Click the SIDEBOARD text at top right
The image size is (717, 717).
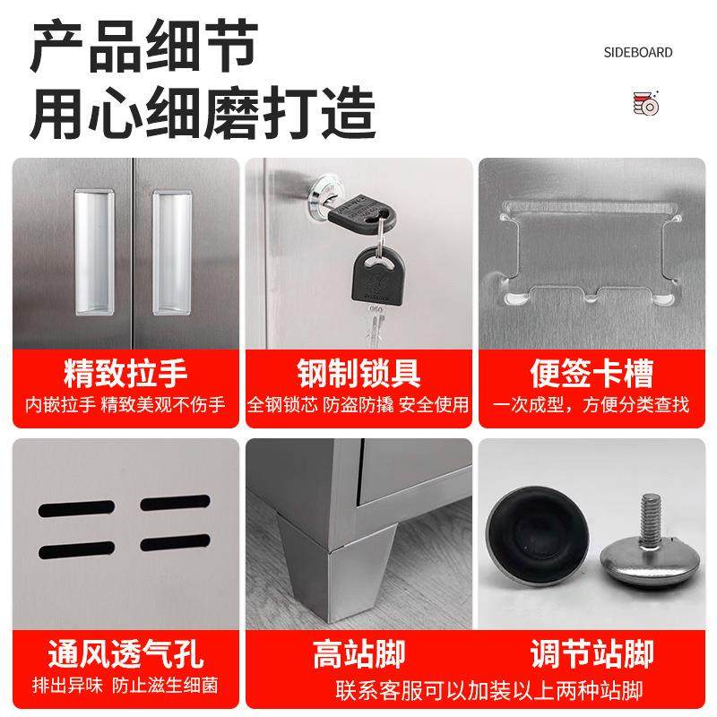coord(637,53)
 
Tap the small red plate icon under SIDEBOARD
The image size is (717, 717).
coord(645,103)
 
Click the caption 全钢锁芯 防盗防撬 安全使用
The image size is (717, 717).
coord(358,405)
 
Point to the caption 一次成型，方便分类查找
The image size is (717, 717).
coord(592,405)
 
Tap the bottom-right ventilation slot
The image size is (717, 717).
coord(174,545)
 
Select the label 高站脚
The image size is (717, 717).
coord(358,653)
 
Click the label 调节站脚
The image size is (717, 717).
coord(592,653)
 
